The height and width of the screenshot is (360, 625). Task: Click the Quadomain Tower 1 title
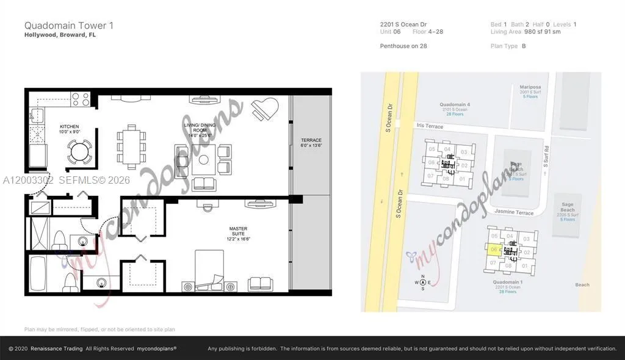68,26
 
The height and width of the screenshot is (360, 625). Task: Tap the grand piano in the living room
267,108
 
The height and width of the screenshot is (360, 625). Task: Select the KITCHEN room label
70,129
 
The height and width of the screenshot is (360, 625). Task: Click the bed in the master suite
211,268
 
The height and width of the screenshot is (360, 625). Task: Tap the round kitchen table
78,149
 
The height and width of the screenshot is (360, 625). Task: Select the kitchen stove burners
81,98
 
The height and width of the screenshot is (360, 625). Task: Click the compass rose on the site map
422,282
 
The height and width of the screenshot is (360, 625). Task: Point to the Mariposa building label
530,87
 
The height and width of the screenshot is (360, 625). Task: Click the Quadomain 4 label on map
455,104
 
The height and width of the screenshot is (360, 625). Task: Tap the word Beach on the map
582,285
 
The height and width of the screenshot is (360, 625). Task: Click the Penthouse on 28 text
403,46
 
